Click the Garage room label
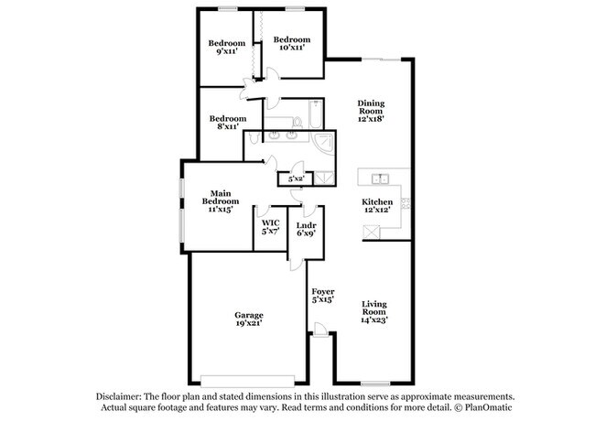(x=249, y=314)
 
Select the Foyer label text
(x=322, y=292)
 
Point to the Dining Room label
(x=370, y=104)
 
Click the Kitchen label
(x=377, y=201)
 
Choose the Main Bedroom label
(x=221, y=193)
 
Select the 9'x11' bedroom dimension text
(x=226, y=53)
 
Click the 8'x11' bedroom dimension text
(x=227, y=127)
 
